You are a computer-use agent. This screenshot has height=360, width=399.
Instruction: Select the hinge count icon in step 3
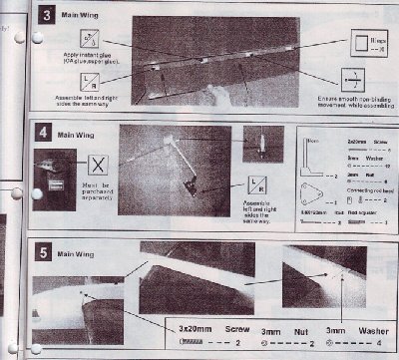pyautogui.click(x=363, y=43)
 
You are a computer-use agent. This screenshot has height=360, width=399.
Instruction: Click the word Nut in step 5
pyautogui.click(x=299, y=325)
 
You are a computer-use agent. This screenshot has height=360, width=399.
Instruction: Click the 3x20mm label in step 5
pyautogui.click(x=190, y=325)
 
